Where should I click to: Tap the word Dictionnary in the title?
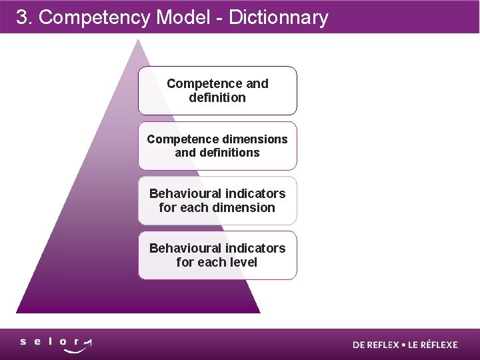pyautogui.click(x=279, y=17)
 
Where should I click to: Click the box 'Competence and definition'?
pyautogui.click(x=217, y=91)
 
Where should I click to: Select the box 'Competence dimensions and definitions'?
pyautogui.click(x=217, y=146)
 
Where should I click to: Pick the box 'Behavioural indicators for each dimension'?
pyautogui.click(x=217, y=201)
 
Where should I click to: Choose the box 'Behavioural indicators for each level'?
pyautogui.click(x=217, y=255)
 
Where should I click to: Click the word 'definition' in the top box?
pyautogui.click(x=217, y=98)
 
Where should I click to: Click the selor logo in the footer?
pyautogui.click(x=56, y=344)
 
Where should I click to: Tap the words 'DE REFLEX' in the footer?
pyautogui.click(x=376, y=345)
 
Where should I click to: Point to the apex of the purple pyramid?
pyautogui.click(x=137, y=41)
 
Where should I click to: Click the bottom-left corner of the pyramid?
pyautogui.click(x=17, y=312)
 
